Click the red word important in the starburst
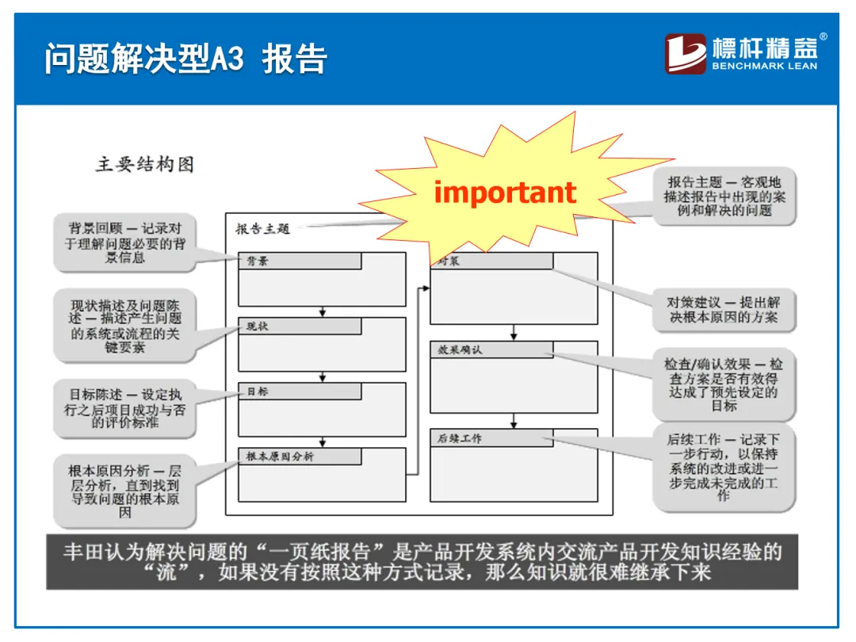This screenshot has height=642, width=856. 505,193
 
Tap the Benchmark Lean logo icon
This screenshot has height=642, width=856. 686,54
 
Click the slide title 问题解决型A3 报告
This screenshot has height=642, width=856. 185,59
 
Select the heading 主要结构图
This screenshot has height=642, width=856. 145,165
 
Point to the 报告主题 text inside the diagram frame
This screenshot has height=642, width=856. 263,229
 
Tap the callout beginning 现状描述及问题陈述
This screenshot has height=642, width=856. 125,326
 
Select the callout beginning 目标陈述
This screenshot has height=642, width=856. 125,407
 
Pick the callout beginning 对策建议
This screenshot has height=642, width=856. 724,310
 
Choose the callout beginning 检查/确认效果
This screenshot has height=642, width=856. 724,384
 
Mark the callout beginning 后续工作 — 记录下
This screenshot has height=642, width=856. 724,468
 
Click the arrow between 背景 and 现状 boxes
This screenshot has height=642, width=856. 323,311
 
